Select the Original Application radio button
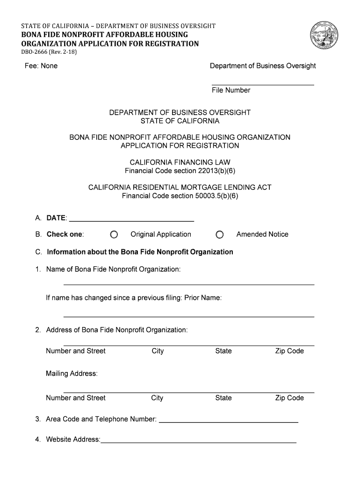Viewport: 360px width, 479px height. (114, 234)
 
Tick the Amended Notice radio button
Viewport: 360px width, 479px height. (220, 234)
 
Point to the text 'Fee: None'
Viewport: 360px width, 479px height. (41, 66)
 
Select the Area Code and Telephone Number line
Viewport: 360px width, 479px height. (229, 421)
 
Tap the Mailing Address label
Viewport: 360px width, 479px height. (72, 373)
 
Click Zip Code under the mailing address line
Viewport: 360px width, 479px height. (289, 398)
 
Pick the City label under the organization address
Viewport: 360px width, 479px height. (158, 351)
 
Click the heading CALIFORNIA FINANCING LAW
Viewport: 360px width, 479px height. (180, 162)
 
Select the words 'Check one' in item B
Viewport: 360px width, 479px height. (65, 234)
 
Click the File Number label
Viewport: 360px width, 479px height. (231, 90)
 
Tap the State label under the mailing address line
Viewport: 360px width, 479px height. (223, 398)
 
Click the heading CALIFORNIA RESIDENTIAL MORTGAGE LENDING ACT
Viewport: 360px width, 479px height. (180, 188)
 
